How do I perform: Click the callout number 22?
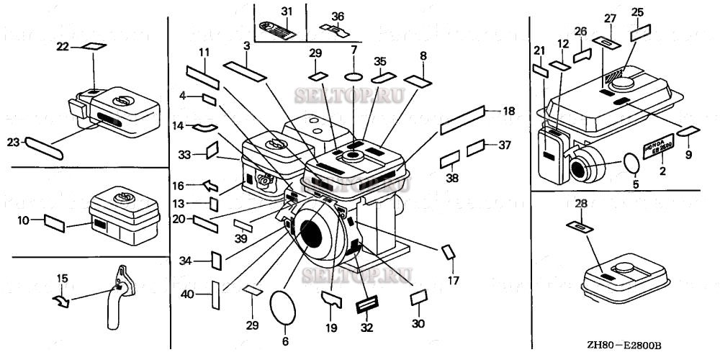pos(63,46)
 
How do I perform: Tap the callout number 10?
pos(23,220)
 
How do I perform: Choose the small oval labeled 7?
pos(353,76)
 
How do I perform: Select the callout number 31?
pos(287,12)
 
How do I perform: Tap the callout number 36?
pos(338,16)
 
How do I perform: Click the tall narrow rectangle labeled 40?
pos(214,295)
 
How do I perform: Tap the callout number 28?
pos(581,204)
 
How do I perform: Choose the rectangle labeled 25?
pos(641,34)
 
